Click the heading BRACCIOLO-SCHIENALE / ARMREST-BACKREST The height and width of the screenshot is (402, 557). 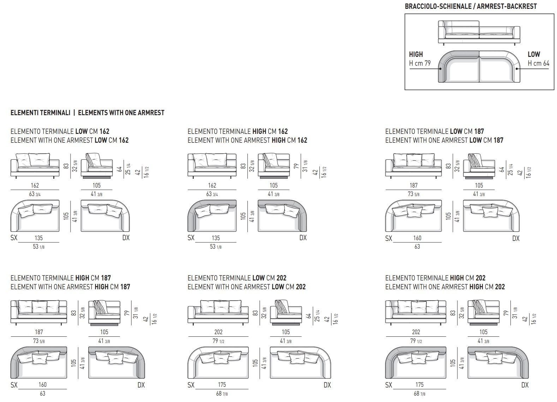pyautogui.click(x=471, y=6)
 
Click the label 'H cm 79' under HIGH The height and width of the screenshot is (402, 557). pyautogui.click(x=420, y=63)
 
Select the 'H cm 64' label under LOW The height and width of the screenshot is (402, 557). pyautogui.click(x=538, y=63)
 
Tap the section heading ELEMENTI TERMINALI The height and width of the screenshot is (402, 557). pyautogui.click(x=40, y=113)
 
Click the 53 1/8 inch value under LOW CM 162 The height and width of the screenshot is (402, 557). pyautogui.click(x=38, y=247)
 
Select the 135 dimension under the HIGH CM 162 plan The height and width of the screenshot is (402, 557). pyautogui.click(x=215, y=238)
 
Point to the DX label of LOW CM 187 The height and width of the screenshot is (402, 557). pyautogui.click(x=516, y=238)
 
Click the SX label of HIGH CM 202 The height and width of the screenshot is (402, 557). pyautogui.click(x=389, y=385)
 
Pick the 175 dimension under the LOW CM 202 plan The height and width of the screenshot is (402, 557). pyautogui.click(x=222, y=385)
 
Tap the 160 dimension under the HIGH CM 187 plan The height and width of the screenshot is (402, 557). pyautogui.click(x=42, y=385)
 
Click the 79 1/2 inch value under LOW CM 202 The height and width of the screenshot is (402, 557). pyautogui.click(x=218, y=341)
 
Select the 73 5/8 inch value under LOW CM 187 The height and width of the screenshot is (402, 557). pyautogui.click(x=414, y=194)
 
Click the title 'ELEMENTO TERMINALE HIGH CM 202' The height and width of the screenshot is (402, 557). pyautogui.click(x=435, y=278)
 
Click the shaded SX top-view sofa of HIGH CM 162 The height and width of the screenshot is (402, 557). pyautogui.click(x=212, y=215)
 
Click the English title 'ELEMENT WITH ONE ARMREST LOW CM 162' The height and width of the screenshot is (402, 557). pyautogui.click(x=70, y=140)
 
